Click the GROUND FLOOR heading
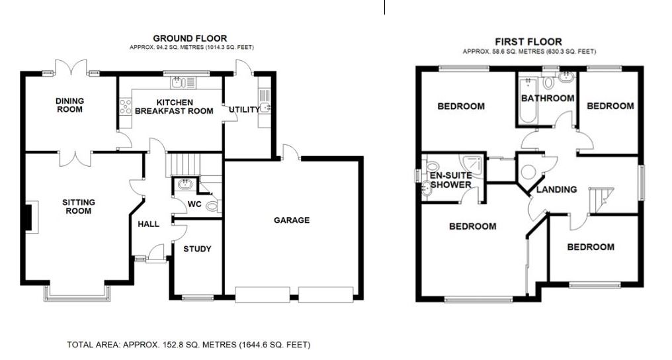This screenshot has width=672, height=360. (190, 38)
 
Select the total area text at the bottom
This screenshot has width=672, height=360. (189, 345)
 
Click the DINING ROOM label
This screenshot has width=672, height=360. (69, 105)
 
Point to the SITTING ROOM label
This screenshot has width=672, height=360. (79, 206)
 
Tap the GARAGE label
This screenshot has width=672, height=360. (292, 220)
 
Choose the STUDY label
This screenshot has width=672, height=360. (197, 249)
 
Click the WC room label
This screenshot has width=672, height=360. (194, 204)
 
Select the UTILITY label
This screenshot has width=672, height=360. (244, 110)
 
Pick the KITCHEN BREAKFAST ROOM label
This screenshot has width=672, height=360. (175, 107)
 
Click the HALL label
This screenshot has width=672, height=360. (148, 224)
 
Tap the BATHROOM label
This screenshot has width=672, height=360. (548, 99)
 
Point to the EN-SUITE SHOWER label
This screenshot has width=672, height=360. (450, 180)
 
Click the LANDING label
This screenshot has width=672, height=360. (556, 189)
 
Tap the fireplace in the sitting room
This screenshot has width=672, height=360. (28, 218)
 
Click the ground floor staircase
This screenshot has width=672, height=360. (185, 163)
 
